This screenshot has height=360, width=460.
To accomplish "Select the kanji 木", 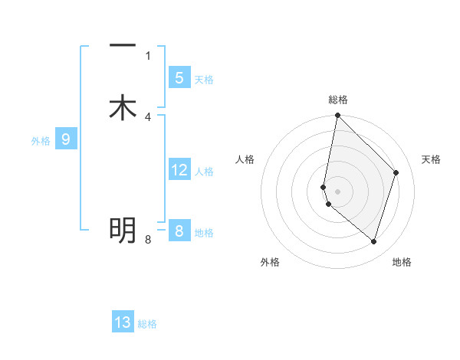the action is (123, 108).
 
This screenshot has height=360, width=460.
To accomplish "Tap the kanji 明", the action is (123, 229).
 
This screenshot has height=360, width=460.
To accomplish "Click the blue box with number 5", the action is (179, 78).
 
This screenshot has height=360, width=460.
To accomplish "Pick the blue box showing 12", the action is (179, 170).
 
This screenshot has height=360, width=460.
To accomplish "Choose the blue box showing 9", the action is (66, 139).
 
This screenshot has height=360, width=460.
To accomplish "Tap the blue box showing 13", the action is (123, 322).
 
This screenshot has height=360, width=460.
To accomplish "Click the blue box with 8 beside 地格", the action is (179, 231).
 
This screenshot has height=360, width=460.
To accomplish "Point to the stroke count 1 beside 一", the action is (148, 55).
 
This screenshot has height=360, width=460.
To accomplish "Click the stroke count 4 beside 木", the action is (148, 117).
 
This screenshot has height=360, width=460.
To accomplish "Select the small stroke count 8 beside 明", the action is (148, 240).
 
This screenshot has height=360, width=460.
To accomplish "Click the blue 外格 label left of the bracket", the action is (41, 141).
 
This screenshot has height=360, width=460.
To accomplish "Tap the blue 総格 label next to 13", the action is (148, 324).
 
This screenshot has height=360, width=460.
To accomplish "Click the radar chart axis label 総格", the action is (338, 100).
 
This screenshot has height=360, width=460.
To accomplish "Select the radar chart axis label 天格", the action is (431, 159).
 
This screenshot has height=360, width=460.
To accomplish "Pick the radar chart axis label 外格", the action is (270, 262).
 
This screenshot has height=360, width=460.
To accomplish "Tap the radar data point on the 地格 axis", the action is (373, 241).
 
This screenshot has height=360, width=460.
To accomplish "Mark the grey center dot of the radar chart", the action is (338, 190).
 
